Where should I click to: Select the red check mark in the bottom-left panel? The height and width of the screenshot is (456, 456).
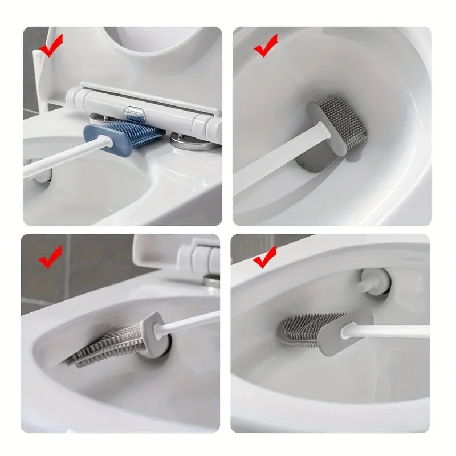point(50,258)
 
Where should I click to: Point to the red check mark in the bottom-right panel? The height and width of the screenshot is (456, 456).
point(264,258)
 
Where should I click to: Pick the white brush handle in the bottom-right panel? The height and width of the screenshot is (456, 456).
point(393,331)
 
